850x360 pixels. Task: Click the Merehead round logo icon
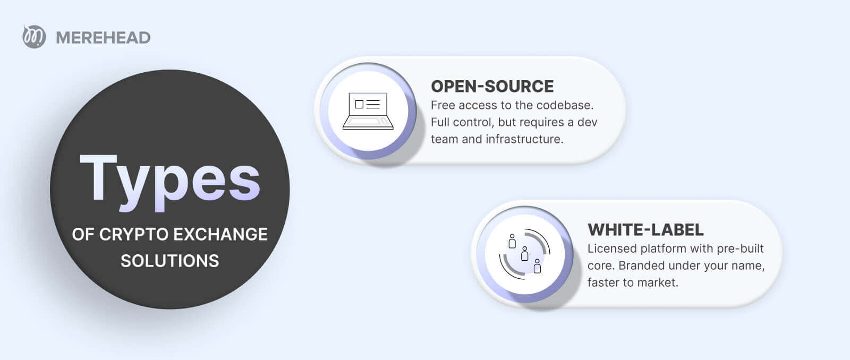point(34,37)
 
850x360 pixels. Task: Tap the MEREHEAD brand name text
point(103,38)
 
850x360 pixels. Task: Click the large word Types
point(169,182)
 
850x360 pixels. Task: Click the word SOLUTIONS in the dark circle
point(169,261)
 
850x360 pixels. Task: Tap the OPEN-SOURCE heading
point(492,87)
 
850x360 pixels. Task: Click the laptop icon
point(368,111)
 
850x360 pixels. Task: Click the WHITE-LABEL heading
point(645,230)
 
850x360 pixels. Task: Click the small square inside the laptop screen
point(359,104)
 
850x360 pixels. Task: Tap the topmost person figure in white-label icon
point(512,241)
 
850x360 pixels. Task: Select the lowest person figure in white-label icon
point(537,266)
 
